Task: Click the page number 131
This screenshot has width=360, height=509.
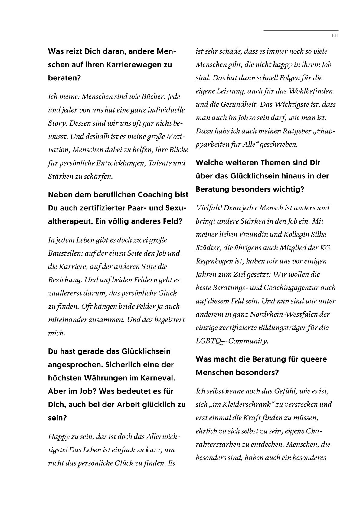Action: pyautogui.click(x=335, y=35)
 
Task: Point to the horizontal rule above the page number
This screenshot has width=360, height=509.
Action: pyautogui.click(x=301, y=31)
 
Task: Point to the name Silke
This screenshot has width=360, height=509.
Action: pyautogui.click(x=318, y=234)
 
